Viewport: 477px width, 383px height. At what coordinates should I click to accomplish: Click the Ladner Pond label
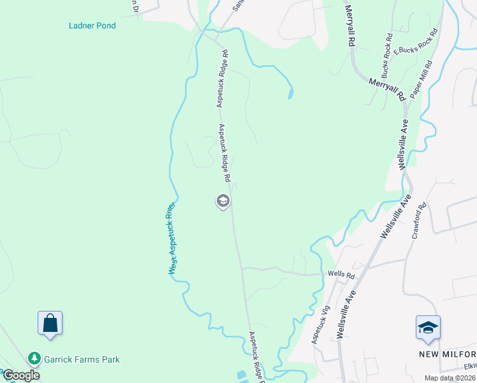click(x=92, y=26)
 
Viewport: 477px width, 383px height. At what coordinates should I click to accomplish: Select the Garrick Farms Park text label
click(x=82, y=359)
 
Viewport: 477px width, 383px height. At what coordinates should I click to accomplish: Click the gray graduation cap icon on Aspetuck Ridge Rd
click(x=223, y=202)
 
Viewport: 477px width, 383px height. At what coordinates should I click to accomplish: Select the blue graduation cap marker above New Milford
click(x=428, y=328)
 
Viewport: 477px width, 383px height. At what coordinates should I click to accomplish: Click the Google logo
click(x=21, y=375)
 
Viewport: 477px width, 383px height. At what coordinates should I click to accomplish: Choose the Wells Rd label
click(x=341, y=274)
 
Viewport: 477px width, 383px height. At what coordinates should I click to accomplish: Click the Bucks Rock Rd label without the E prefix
click(x=386, y=53)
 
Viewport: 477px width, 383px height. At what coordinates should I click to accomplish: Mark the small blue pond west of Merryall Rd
click(x=291, y=94)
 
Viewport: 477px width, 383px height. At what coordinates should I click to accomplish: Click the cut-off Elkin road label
click(x=471, y=366)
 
